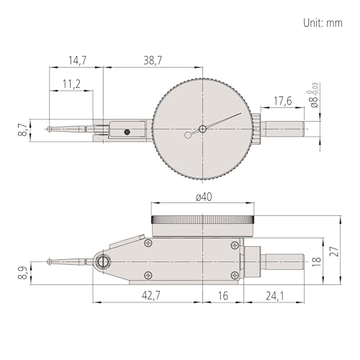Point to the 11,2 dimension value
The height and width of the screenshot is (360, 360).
[70, 84]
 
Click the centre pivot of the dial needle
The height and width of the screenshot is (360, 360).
[203, 130]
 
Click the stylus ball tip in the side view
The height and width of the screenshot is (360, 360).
[49, 261]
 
